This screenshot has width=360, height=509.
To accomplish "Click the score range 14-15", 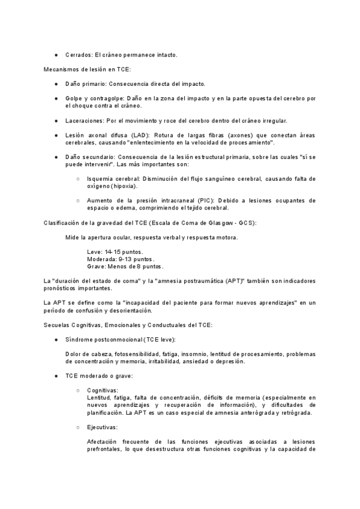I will click(113, 251).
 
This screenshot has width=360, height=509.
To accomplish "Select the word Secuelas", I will click(58, 325).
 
